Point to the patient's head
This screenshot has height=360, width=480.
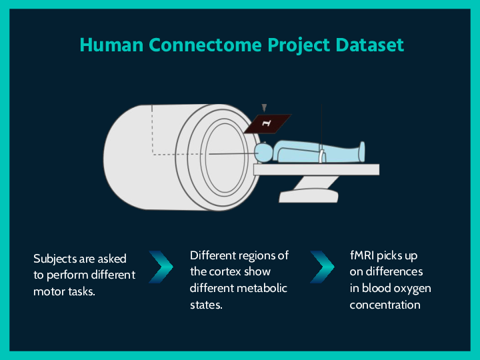265,153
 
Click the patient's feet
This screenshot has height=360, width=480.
361,151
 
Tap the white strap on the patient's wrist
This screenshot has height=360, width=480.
321,157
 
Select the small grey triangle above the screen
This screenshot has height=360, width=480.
264,107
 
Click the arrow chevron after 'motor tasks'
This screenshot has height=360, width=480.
160,267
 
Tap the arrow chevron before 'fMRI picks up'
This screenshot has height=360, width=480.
321,267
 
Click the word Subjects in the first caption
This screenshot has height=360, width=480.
55,259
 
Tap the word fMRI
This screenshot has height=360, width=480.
364,255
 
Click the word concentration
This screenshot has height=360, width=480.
385,305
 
